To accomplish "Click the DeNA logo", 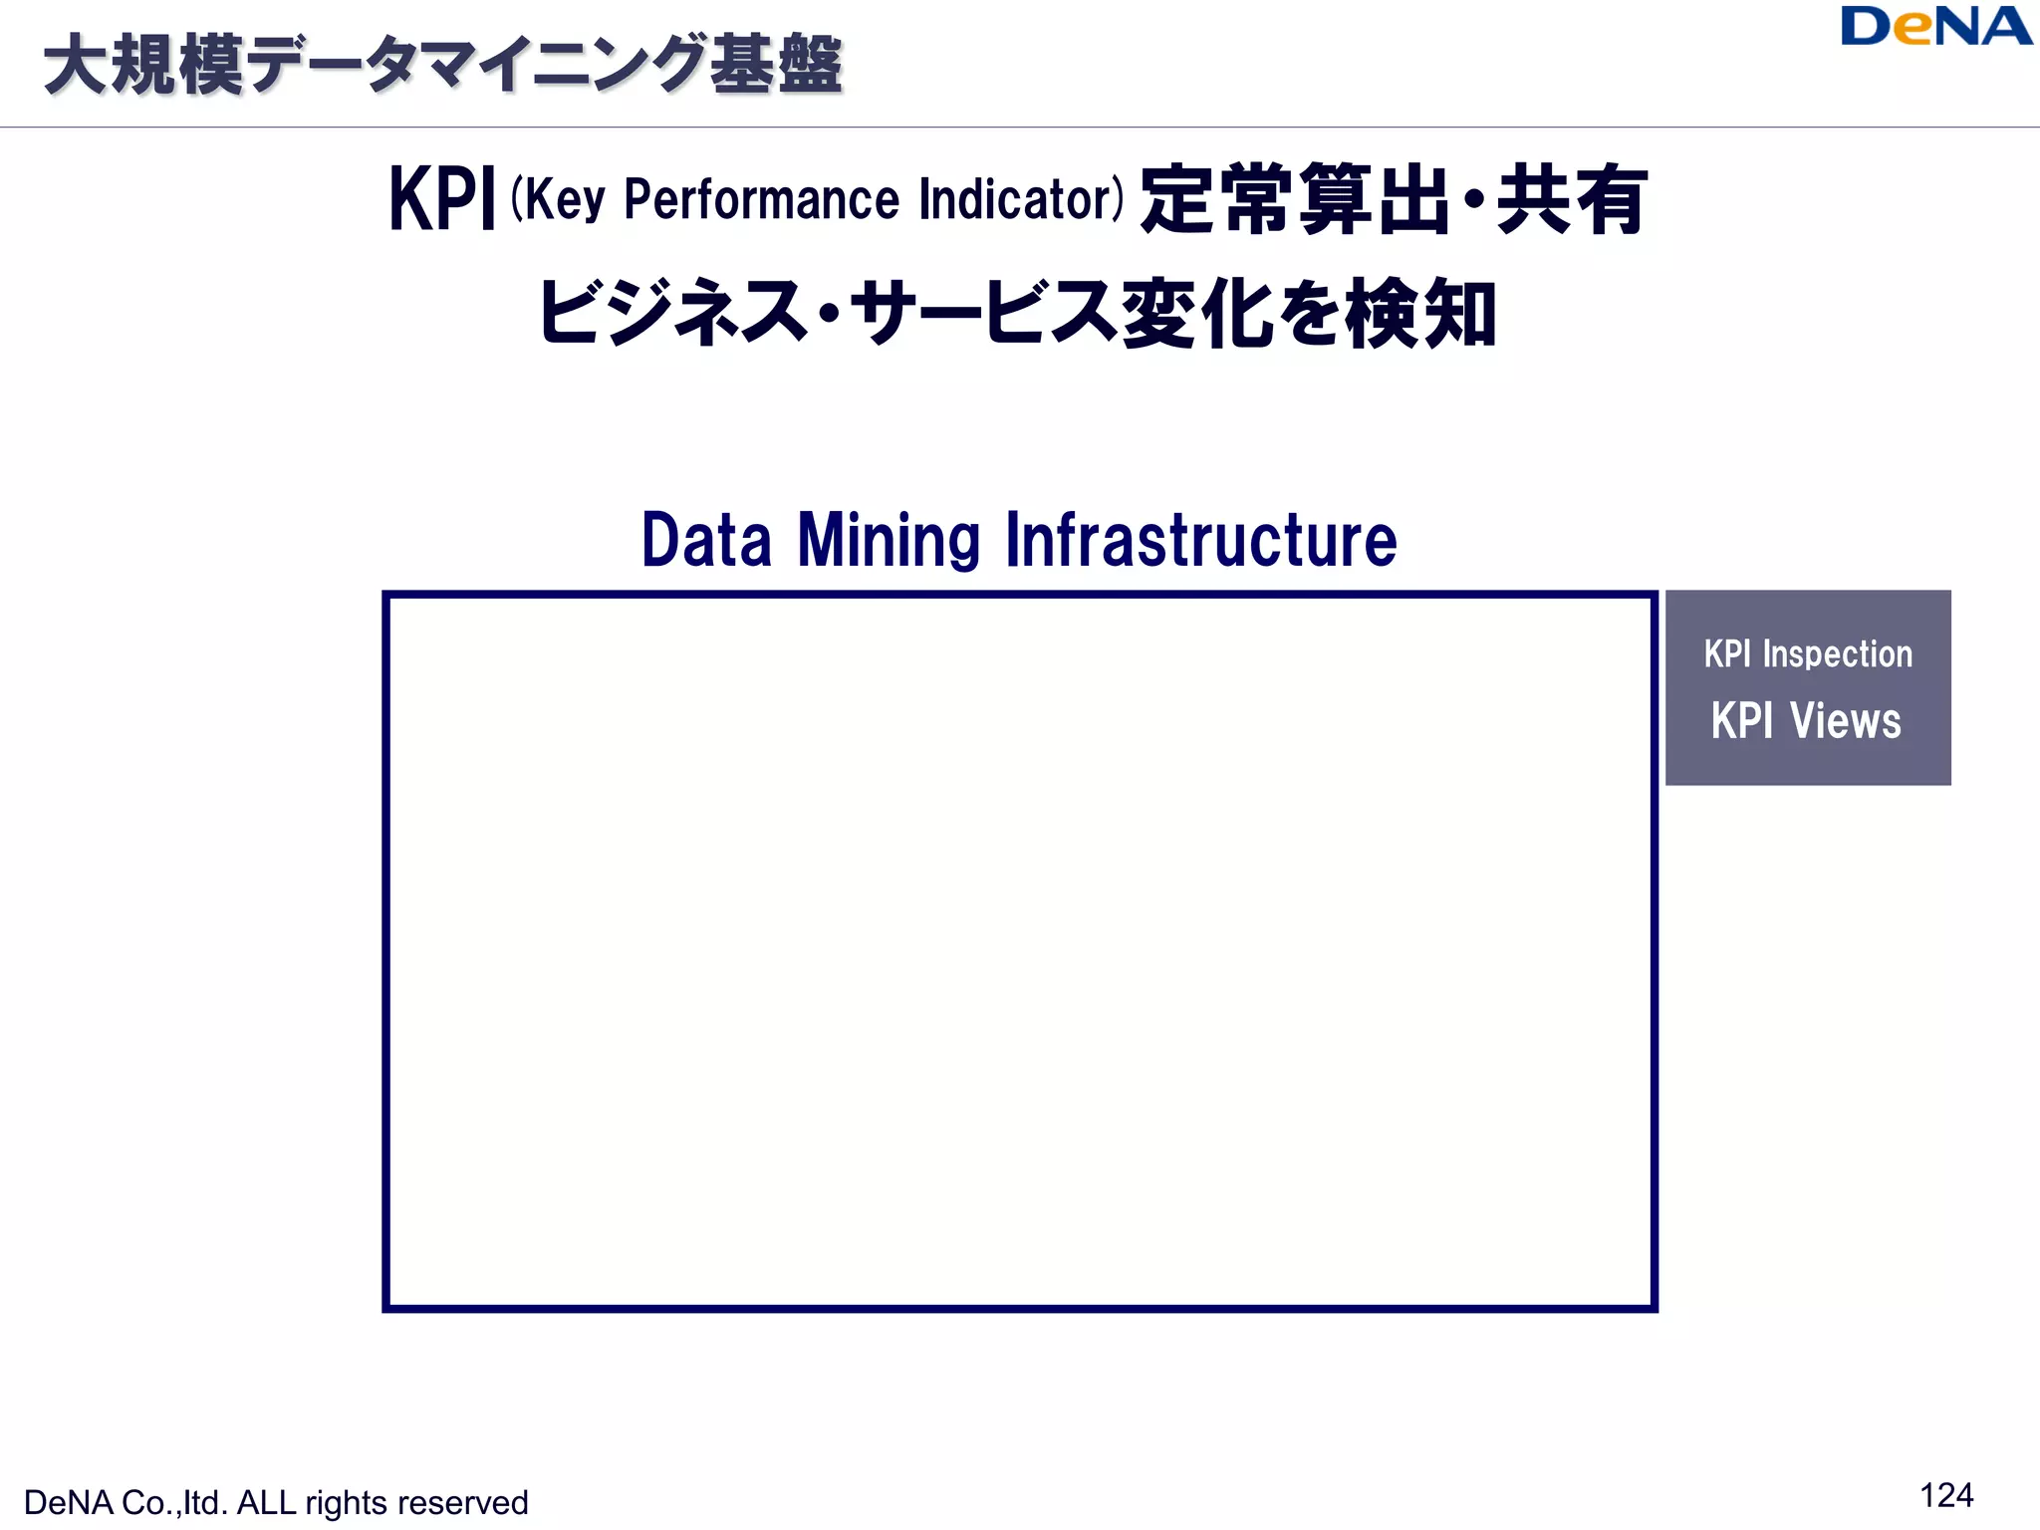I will pyautogui.click(x=1934, y=27).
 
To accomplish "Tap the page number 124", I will pyautogui.click(x=1945, y=1495).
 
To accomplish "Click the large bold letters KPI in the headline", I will pyautogui.click(x=441, y=199).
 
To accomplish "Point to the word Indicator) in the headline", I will pyautogui.click(x=1021, y=199).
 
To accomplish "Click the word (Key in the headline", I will pyautogui.click(x=558, y=199).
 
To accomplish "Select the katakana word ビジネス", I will pyautogui.click(x=672, y=313).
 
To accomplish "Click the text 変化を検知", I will pyautogui.click(x=1309, y=313).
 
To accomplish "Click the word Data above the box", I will pyautogui.click(x=706, y=541).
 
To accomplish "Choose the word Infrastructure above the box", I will pyautogui.click(x=1201, y=541).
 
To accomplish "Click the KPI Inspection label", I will pyautogui.click(x=1808, y=654).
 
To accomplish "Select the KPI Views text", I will pyautogui.click(x=1806, y=721).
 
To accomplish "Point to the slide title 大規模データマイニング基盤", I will pyautogui.click(x=443, y=66).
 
